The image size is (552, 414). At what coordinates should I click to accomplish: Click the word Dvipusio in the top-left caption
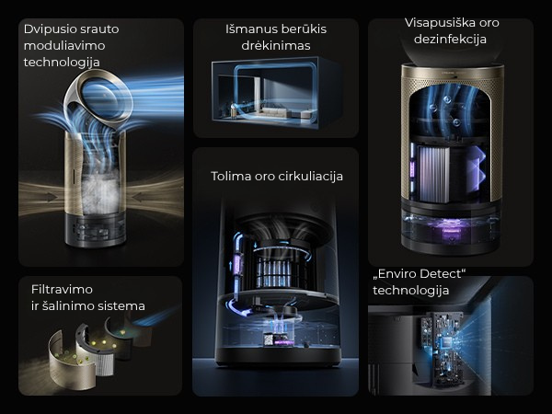click(x=51, y=29)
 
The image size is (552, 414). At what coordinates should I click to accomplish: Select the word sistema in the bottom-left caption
click(x=121, y=305)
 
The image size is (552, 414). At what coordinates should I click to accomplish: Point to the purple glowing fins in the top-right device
click(x=478, y=175)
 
